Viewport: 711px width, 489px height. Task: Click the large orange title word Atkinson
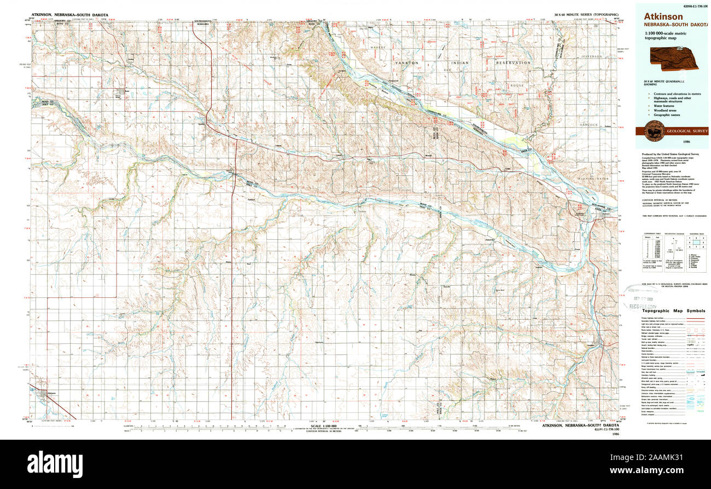(663, 17)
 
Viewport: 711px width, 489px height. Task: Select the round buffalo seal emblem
(654, 131)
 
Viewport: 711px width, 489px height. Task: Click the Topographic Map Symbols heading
(673, 310)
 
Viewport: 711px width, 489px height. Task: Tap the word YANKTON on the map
(407, 63)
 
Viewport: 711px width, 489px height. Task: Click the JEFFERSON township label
(591, 56)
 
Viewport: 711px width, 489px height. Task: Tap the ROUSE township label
(516, 86)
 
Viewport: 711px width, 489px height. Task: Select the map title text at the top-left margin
(69, 15)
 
